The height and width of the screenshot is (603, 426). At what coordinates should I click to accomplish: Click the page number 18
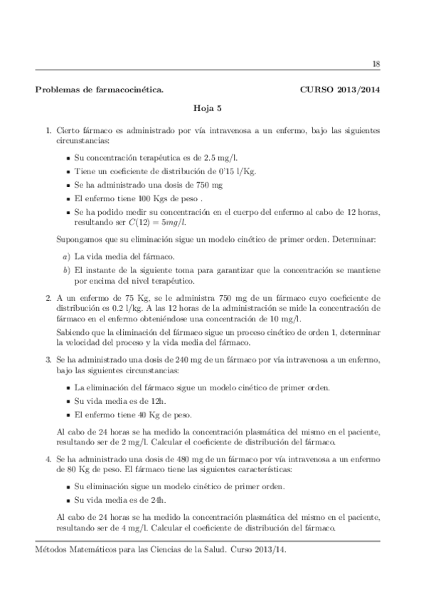[x=376, y=64]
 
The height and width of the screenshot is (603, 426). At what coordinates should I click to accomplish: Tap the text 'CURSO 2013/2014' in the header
[x=340, y=91]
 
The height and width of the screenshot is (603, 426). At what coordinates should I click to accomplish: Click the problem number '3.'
[x=48, y=362]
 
